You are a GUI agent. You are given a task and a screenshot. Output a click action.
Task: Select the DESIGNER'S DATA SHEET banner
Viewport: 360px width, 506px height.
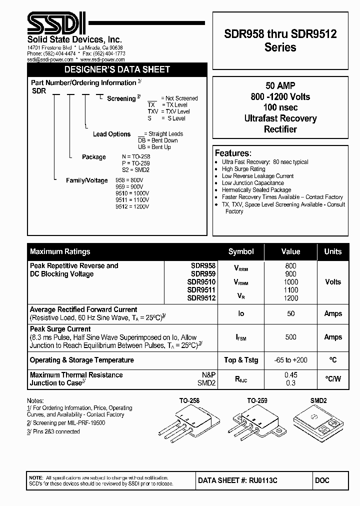117,69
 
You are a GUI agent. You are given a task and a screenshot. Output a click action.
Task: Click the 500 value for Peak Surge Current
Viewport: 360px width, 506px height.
290,337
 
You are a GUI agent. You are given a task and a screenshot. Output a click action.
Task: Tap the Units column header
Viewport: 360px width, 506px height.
332,251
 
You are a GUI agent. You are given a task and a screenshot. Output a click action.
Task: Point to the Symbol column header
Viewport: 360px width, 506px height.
241,251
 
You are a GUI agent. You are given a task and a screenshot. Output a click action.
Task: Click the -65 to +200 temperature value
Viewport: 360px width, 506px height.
290,360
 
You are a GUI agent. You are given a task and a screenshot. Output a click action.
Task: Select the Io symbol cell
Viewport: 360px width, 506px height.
241,313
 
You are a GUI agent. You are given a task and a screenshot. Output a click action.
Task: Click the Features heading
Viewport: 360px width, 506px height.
232,153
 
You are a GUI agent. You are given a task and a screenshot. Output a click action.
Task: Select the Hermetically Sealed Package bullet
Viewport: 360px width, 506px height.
256,190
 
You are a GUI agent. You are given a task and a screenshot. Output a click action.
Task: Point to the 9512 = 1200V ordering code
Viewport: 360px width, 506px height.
132,206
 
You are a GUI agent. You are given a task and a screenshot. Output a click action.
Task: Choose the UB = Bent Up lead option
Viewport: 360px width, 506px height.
154,147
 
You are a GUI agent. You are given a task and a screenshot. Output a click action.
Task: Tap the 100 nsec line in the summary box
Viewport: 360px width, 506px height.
280,107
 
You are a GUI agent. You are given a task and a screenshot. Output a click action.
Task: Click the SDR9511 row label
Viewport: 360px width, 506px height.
201,289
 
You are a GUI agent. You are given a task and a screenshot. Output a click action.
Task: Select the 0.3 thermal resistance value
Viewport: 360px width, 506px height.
290,383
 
